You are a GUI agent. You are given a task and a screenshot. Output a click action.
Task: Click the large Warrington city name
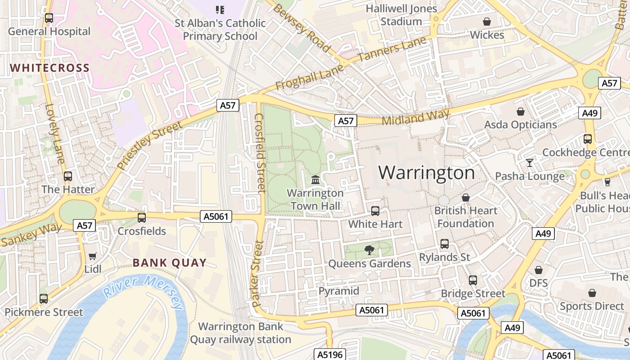[x=426, y=173]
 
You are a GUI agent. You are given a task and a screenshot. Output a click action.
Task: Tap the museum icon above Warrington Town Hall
[x=315, y=180]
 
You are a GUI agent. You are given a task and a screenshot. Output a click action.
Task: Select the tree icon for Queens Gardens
[x=369, y=250]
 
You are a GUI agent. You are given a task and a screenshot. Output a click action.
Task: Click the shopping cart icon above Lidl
[x=93, y=256]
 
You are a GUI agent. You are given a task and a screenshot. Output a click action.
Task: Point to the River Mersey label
[x=143, y=292]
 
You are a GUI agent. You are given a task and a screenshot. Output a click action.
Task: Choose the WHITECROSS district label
[x=50, y=68]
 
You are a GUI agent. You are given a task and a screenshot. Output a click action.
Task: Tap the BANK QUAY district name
[x=170, y=263]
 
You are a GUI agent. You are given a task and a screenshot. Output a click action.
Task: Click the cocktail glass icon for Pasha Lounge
[x=529, y=162]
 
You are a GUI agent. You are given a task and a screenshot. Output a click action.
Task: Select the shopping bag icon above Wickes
[x=486, y=22]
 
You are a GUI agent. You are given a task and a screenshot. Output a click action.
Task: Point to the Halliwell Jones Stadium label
[x=401, y=15]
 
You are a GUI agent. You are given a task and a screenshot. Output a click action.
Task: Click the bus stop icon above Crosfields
[x=142, y=218]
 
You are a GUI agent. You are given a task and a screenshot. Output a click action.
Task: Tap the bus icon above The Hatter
[x=68, y=176]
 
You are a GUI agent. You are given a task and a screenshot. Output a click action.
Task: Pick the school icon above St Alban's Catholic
[x=220, y=9]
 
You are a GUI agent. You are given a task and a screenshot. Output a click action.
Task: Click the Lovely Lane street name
[x=55, y=134]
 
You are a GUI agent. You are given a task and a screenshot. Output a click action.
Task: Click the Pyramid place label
[x=339, y=291]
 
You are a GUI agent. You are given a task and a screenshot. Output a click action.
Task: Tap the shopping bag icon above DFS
[x=538, y=270]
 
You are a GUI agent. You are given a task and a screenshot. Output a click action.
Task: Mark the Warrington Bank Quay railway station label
[x=240, y=333]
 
